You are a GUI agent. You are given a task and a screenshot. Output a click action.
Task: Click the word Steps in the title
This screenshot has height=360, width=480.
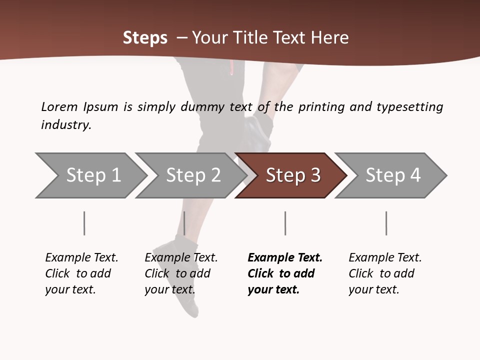(x=145, y=38)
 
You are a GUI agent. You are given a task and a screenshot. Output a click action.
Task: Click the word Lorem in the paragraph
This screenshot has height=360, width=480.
(x=59, y=107)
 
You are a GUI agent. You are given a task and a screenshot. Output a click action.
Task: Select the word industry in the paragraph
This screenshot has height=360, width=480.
(x=65, y=125)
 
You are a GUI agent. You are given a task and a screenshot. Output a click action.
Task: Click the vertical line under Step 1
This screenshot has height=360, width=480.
(x=84, y=223)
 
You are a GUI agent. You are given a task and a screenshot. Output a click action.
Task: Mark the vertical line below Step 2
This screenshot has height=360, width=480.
(x=184, y=223)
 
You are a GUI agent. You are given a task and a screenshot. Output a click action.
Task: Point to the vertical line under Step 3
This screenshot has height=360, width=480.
(x=285, y=223)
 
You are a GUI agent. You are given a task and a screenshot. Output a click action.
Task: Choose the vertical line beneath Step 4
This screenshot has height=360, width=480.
(x=386, y=223)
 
